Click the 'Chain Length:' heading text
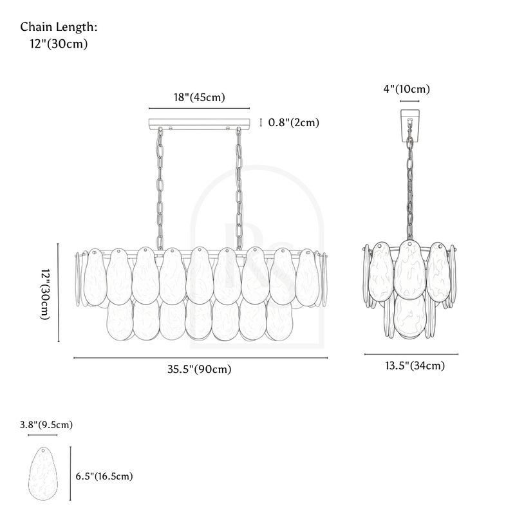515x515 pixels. click(x=59, y=27)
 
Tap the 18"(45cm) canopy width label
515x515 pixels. click(x=200, y=98)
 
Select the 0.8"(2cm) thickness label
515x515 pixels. click(x=294, y=122)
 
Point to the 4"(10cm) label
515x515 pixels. click(x=407, y=89)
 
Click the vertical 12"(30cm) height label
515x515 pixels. click(x=45, y=294)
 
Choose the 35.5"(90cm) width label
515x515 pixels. click(x=200, y=369)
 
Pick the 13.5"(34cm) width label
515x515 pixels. click(x=415, y=366)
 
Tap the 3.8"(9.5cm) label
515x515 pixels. click(x=46, y=425)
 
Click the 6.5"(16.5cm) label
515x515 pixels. click(x=104, y=476)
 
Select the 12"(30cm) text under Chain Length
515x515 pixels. click(x=59, y=44)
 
